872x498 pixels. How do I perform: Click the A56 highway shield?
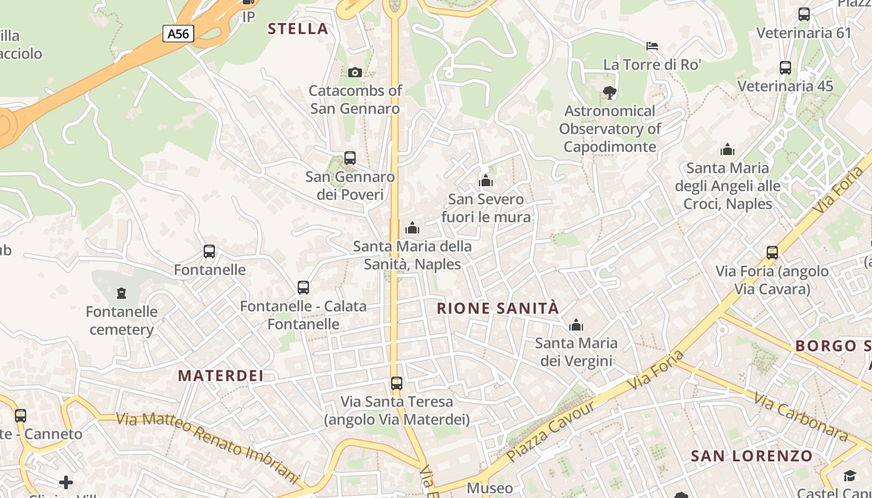coord(178,33)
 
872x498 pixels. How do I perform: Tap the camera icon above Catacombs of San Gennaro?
coord(355,72)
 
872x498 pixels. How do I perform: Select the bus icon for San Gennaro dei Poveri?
coord(350,158)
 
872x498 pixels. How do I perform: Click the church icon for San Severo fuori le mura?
coord(486,181)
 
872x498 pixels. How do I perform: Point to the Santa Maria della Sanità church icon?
coord(412,228)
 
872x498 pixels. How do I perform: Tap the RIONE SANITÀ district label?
coord(498,308)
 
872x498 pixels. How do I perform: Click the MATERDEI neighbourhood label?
coord(220,375)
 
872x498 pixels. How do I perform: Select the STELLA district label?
coord(298,28)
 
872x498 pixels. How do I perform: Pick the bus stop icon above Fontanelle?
coord(209,251)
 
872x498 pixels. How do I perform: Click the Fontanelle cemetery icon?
coord(121,293)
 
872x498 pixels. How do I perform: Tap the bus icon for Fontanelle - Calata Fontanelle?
coord(303,288)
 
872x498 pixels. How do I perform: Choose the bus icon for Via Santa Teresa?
coord(397,383)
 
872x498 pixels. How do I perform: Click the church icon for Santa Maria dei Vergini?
coord(576,325)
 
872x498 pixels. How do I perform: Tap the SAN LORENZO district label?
coord(752,456)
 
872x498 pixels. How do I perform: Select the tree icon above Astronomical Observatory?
coord(610,93)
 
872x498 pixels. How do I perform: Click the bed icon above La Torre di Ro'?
coord(652,46)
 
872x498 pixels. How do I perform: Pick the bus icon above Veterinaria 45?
coord(785,68)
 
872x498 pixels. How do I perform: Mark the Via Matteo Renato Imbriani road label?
coord(207,446)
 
